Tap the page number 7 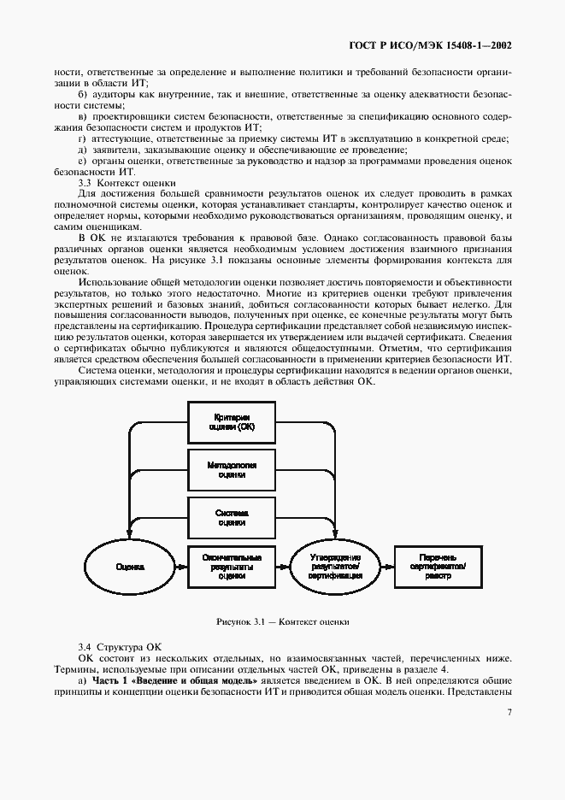[509, 712]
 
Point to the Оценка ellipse [130, 566]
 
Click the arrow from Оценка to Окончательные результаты [181, 566]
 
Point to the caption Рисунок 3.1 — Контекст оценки [282, 622]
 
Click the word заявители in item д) [113, 150]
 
